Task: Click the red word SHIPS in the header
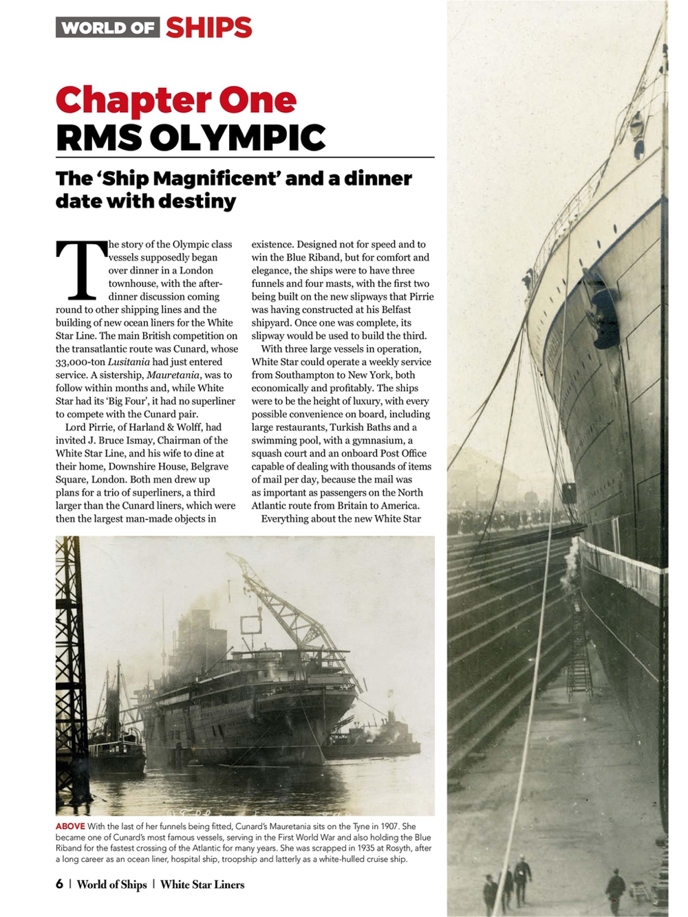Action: [208, 27]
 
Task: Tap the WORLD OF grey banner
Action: [107, 27]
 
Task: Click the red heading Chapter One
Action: [175, 100]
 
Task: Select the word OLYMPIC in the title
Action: [237, 137]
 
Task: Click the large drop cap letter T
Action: [81, 270]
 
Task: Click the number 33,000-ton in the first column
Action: [80, 362]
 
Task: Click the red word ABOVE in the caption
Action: [70, 826]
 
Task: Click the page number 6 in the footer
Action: [59, 885]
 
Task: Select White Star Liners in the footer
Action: [202, 885]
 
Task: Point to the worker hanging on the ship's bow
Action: [604, 316]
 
